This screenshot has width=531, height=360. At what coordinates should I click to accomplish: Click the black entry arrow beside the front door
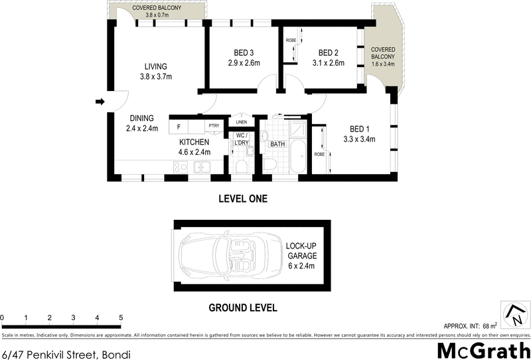coord(100,102)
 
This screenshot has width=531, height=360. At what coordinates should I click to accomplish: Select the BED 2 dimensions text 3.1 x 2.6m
coord(329,64)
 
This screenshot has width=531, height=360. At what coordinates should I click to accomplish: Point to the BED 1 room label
coord(360,129)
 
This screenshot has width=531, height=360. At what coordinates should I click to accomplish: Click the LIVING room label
coord(156,66)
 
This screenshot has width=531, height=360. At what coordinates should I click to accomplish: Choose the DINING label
coord(142,118)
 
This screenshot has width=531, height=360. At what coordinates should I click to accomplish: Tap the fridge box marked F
coord(179,126)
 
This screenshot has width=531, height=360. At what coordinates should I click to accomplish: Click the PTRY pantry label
coord(214,126)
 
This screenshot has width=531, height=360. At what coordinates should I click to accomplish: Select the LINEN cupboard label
coord(241,122)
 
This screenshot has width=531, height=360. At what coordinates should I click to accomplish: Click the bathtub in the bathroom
coord(299,158)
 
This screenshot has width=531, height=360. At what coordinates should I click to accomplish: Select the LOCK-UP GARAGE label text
coord(301,250)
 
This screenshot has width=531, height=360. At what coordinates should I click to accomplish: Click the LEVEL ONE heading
coord(243,199)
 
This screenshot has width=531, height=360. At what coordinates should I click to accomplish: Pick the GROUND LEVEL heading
coord(243,308)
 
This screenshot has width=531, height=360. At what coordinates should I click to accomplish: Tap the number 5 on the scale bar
coord(121,317)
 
